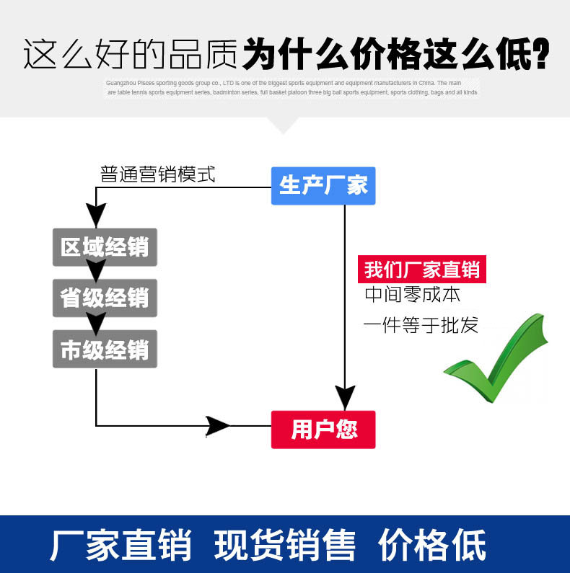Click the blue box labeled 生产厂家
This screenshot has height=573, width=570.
[x=323, y=186]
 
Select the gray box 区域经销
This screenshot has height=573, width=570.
[x=105, y=247]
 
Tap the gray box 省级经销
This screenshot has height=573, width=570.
[x=105, y=298]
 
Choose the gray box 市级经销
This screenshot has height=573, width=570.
[x=105, y=350]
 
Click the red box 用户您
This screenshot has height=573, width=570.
[x=323, y=430]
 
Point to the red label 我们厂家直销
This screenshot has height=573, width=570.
[x=422, y=270]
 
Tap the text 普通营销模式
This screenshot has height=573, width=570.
[x=158, y=174]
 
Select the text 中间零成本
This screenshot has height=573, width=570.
[x=412, y=295]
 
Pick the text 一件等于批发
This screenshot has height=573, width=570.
[x=421, y=325]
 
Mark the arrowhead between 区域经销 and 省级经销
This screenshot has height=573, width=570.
[x=96, y=270]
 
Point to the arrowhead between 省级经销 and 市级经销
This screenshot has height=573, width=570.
[x=96, y=322]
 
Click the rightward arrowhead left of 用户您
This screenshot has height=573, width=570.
[x=217, y=426]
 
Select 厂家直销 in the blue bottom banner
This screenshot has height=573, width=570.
[x=120, y=545]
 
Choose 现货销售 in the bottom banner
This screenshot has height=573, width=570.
[x=286, y=545]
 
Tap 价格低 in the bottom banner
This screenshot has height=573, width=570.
[x=432, y=545]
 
